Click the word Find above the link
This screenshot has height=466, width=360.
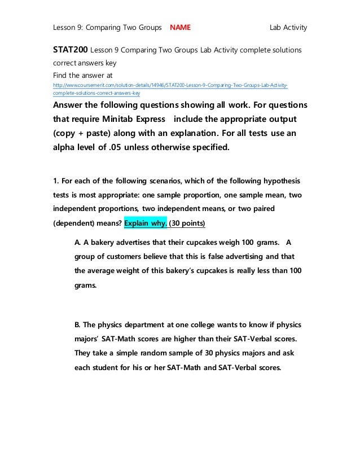pos(61,74)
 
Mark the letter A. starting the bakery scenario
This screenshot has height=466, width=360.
pos(78,242)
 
